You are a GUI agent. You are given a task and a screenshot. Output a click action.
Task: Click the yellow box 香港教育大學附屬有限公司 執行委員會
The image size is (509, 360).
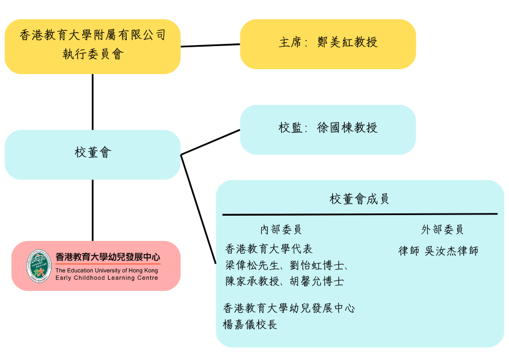(92, 46)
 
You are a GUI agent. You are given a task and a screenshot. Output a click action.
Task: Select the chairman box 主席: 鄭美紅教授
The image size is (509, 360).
(327, 44)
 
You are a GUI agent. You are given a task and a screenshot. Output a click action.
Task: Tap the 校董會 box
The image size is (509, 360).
(92, 154)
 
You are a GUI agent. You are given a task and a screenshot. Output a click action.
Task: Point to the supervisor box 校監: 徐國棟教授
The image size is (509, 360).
(327, 130)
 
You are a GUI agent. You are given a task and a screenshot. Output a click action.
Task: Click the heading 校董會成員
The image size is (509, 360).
(359, 199)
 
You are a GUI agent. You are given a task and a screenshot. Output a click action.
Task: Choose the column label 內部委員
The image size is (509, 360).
(281, 229)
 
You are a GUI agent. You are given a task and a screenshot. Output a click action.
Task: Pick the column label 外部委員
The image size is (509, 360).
(442, 229)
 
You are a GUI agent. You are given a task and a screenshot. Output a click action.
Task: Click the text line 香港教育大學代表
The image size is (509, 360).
(269, 249)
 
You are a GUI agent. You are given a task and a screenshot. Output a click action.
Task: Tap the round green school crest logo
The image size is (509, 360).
(39, 266)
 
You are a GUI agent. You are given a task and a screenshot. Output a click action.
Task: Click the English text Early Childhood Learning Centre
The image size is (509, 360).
(106, 278)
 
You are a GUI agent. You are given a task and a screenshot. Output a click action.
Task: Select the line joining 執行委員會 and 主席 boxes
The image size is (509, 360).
(210, 45)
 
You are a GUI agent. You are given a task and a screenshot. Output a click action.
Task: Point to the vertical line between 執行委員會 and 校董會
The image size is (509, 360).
(92, 102)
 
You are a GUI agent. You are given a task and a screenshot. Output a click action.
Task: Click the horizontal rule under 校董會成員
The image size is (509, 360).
(359, 214)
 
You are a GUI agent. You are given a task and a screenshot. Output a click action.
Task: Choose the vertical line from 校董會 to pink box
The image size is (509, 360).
(92, 210)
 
